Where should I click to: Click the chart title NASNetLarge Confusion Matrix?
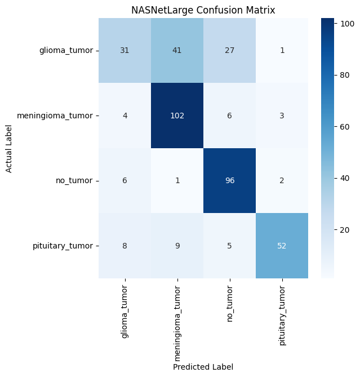click(203, 10)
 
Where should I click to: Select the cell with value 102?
click(177, 116)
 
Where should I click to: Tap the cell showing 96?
click(229, 180)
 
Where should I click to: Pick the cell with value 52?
click(282, 246)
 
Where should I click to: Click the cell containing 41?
click(177, 50)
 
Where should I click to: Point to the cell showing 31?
click(125, 50)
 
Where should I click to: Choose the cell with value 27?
click(229, 50)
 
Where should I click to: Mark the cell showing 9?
click(177, 246)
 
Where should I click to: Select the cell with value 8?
click(125, 246)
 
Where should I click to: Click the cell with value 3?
click(282, 116)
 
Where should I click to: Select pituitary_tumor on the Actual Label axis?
click(65, 246)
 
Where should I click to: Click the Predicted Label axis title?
click(203, 367)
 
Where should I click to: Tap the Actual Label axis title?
click(9, 148)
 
